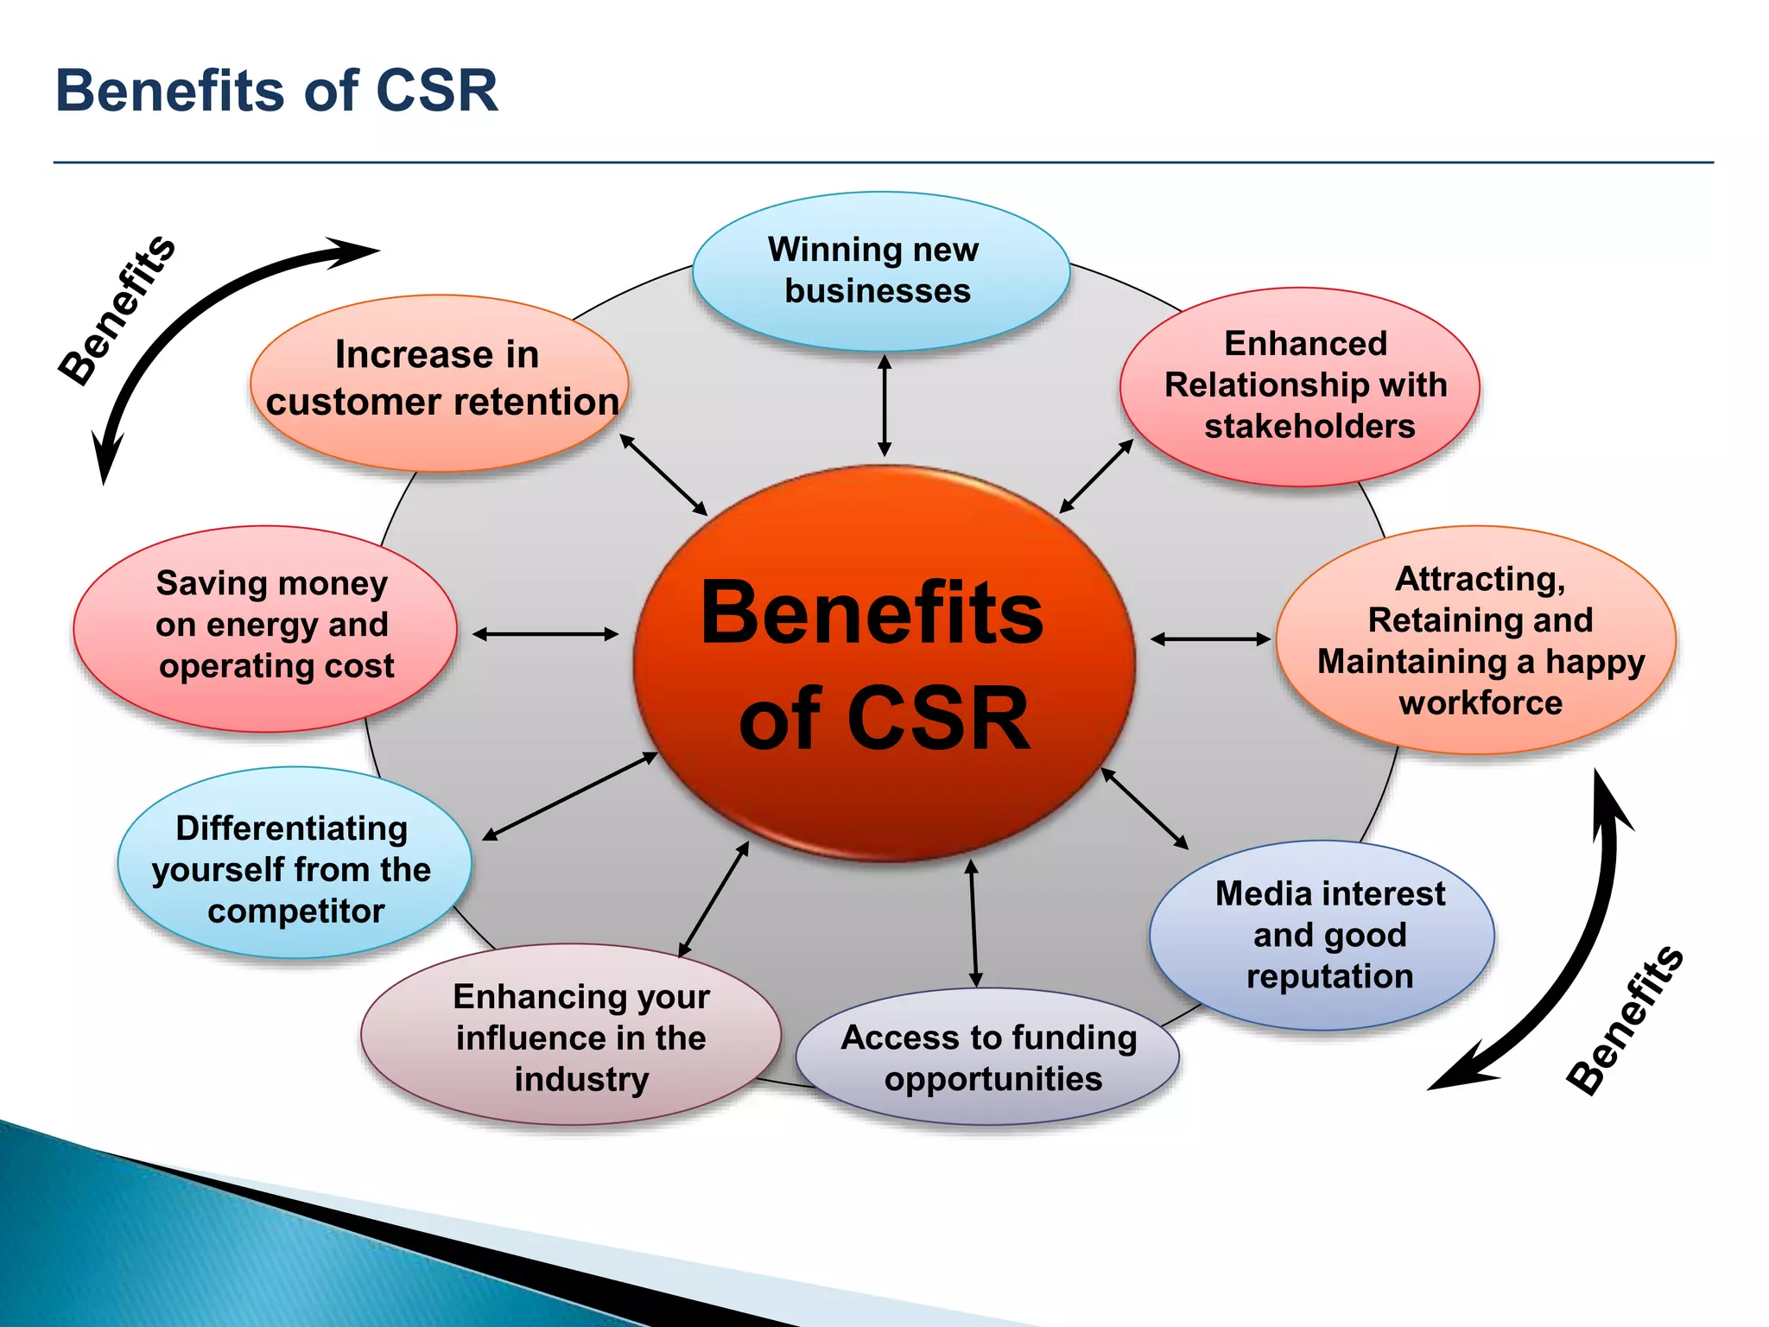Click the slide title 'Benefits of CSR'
pos(276,91)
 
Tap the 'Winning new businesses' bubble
pos(881,270)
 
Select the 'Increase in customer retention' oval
pos(440,380)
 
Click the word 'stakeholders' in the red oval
pos(1309,427)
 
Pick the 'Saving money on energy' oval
pos(266,625)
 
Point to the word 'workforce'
pos(1481,703)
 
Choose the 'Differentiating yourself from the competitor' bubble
pos(294,867)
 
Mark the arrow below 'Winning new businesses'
pos(884,406)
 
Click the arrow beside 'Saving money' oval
pos(546,634)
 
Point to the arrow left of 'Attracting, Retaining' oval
pos(1211,639)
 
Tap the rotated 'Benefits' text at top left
pos(117,309)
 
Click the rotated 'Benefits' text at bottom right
pos(1625,1020)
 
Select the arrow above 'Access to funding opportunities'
pos(973,923)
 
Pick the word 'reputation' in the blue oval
pos(1329,976)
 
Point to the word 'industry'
pos(581,1080)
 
